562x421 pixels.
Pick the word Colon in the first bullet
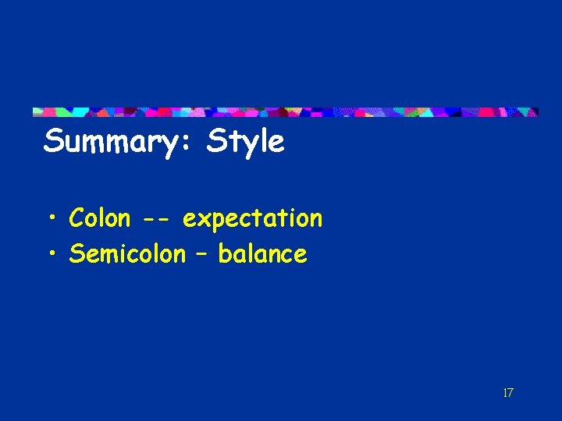tap(99, 218)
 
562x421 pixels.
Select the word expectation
tap(252, 219)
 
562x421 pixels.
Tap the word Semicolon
tap(127, 253)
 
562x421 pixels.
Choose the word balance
tap(262, 253)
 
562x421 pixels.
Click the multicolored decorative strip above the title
tap(285, 112)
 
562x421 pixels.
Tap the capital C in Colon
tap(76, 218)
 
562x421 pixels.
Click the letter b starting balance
tap(224, 253)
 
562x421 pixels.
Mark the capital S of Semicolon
tap(76, 253)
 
